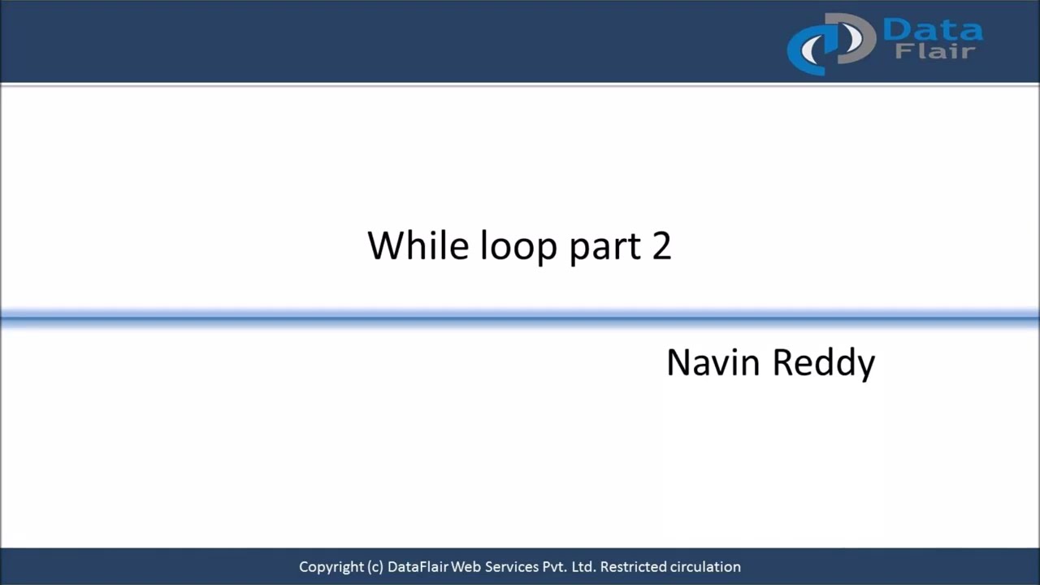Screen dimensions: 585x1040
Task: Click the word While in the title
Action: [418, 245]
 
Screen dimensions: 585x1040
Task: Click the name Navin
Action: [713, 362]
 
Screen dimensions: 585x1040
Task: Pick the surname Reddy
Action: [823, 363]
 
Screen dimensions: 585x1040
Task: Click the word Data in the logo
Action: [932, 30]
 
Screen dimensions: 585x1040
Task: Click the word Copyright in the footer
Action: [331, 567]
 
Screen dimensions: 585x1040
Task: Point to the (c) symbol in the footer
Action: [375, 567]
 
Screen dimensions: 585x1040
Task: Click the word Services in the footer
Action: [512, 567]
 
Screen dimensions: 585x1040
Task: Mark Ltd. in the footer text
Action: [583, 567]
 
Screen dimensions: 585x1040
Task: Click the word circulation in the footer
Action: [705, 567]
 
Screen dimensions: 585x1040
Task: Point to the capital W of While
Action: [384, 245]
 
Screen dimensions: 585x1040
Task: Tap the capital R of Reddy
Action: [782, 362]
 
